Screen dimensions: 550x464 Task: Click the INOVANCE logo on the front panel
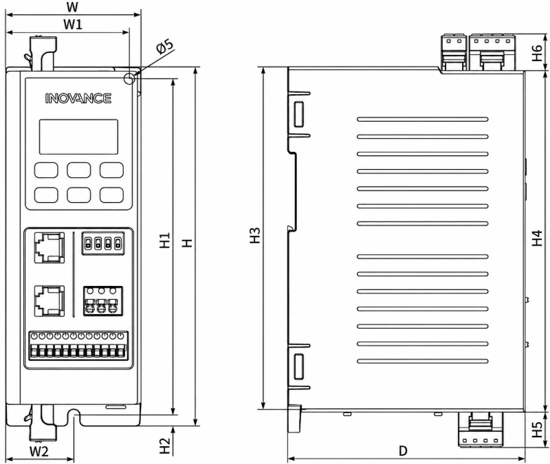[78, 98]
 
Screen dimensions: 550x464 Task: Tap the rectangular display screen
[78, 137]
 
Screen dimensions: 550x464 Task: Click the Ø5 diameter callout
[164, 47]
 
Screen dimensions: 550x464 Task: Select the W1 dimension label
[73, 24]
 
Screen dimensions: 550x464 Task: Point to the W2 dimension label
[38, 452]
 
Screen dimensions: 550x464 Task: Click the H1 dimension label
[165, 240]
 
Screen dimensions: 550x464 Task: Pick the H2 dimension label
[165, 445]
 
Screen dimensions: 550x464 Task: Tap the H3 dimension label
[255, 235]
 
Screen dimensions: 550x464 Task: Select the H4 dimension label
[537, 238]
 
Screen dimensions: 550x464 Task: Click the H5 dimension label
[537, 429]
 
